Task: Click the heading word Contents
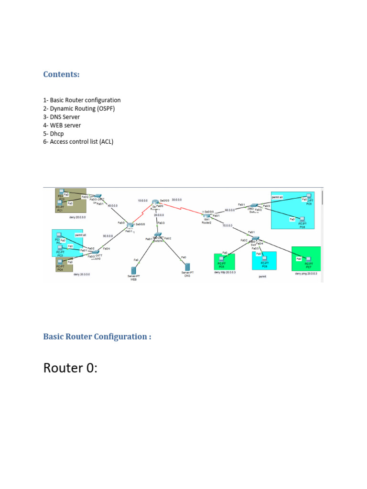[x=61, y=74]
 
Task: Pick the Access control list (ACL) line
[x=78, y=142]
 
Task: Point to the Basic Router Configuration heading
[x=97, y=337]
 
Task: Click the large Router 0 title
[x=70, y=368]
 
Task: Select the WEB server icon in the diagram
[x=134, y=271]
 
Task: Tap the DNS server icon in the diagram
[x=187, y=266]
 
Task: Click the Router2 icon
[x=206, y=216]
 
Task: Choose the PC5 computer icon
[x=221, y=261]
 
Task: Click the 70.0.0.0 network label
[x=227, y=225]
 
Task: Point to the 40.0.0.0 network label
[x=113, y=205]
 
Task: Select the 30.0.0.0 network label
[x=177, y=200]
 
